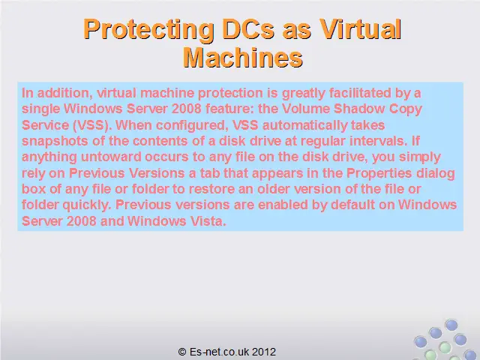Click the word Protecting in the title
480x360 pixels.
[148, 29]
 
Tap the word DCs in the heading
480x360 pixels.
[248, 29]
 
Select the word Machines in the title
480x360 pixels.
[243, 58]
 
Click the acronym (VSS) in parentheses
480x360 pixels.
[91, 125]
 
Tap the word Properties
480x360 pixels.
[379, 173]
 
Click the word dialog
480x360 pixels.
[436, 173]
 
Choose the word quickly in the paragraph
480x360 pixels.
[87, 205]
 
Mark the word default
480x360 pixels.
[353, 205]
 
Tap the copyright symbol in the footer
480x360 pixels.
[182, 352]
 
